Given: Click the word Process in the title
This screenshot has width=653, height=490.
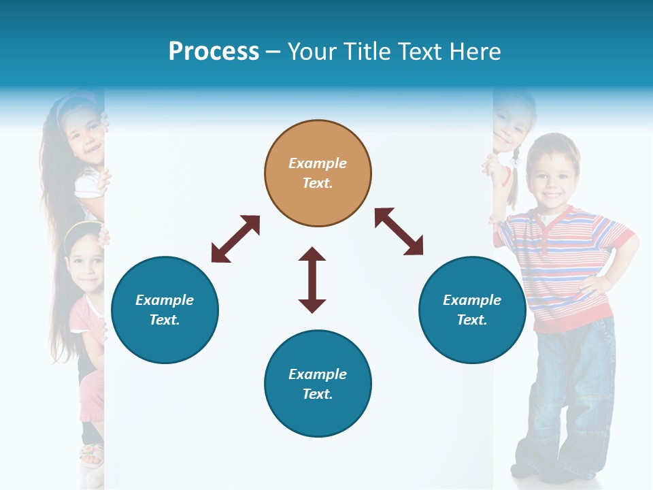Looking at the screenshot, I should (x=214, y=52).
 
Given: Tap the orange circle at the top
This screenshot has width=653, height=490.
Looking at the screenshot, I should (x=318, y=173).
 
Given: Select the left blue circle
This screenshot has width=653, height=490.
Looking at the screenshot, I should (x=165, y=310).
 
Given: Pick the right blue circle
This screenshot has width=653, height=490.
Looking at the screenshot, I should (x=472, y=310).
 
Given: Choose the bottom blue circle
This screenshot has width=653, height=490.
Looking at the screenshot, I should (x=318, y=384).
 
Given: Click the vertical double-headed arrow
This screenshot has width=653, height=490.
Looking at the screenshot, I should (x=312, y=280).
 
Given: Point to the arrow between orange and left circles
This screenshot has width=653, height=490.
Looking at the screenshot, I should (x=235, y=239).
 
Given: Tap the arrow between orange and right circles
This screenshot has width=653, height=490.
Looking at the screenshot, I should (x=399, y=231).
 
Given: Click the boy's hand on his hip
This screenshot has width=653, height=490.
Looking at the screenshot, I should (x=590, y=283).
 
